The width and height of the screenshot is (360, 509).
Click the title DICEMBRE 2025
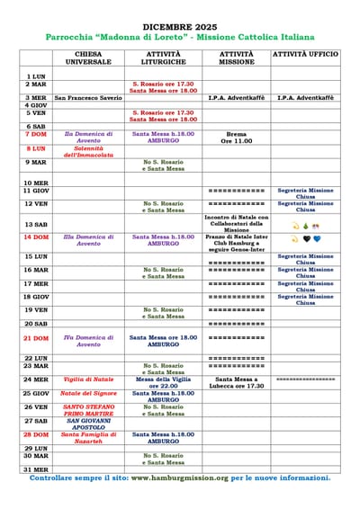tap(180, 28)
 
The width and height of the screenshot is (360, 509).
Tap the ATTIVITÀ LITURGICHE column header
tap(163, 58)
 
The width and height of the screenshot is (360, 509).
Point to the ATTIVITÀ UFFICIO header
tap(305, 55)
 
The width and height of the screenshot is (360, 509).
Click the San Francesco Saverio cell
tap(88, 97)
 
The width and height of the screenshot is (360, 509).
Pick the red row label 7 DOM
tap(36, 134)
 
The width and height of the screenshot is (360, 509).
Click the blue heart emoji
tap(317, 239)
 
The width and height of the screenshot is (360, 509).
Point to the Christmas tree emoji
tap(306, 226)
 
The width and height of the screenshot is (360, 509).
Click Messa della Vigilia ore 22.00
tap(163, 382)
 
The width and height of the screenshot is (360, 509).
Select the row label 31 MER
tap(36, 469)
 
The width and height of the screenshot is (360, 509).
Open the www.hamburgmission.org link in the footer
tap(180, 478)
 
